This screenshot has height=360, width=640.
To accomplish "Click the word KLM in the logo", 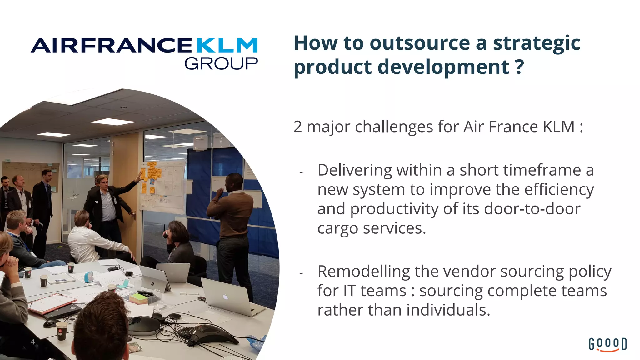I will pyautogui.click(x=227, y=46).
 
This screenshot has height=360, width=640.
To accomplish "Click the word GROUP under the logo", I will pyautogui.click(x=221, y=64).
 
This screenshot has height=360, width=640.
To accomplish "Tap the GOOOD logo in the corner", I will pyautogui.click(x=607, y=344).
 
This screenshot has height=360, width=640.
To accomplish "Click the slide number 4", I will pyautogui.click(x=32, y=342).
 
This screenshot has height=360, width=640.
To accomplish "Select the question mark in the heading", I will pyautogui.click(x=519, y=67).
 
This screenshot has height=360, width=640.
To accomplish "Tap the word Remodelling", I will pyautogui.click(x=364, y=271).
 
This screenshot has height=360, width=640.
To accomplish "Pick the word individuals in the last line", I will pyautogui.click(x=448, y=310).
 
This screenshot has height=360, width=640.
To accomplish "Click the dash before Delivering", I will pyautogui.click(x=301, y=172).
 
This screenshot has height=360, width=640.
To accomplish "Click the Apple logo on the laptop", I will pyautogui.click(x=225, y=297).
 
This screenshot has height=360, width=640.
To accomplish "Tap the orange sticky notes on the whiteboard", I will pyautogui.click(x=151, y=175).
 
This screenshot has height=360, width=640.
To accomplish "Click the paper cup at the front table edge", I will pyautogui.click(x=61, y=331).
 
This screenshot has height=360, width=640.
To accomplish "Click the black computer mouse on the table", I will pyautogui.click(x=51, y=323).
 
